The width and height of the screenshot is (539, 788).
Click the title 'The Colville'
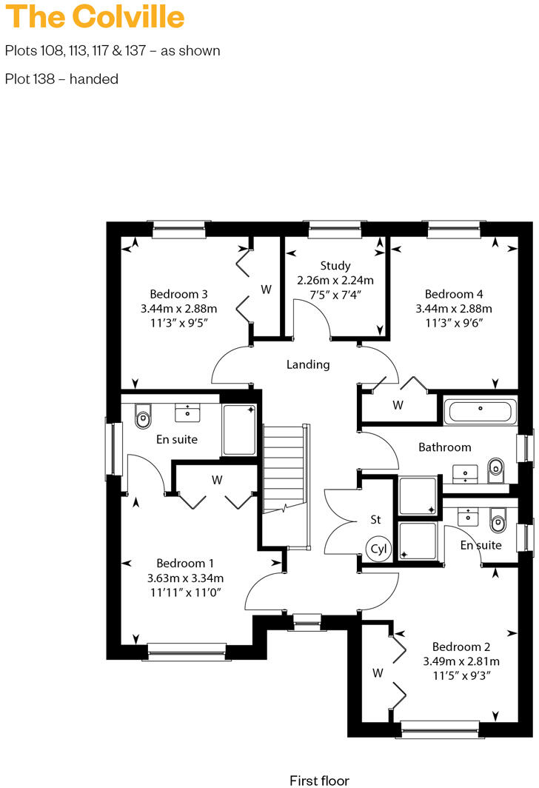click(x=96, y=16)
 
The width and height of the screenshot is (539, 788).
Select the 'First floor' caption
click(x=319, y=780)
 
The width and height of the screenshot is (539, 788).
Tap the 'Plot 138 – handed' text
click(x=61, y=79)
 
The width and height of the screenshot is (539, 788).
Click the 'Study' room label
click(x=335, y=265)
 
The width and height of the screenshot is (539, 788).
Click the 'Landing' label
click(x=308, y=364)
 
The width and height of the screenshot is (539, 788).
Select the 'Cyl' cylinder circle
click(x=378, y=550)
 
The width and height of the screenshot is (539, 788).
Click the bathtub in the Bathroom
click(x=480, y=410)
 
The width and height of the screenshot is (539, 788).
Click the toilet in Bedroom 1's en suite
click(x=143, y=418)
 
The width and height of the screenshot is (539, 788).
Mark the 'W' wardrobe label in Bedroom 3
click(x=265, y=289)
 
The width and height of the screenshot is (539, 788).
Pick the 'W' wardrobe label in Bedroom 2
click(x=378, y=673)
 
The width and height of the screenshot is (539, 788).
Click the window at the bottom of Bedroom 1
click(x=187, y=651)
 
